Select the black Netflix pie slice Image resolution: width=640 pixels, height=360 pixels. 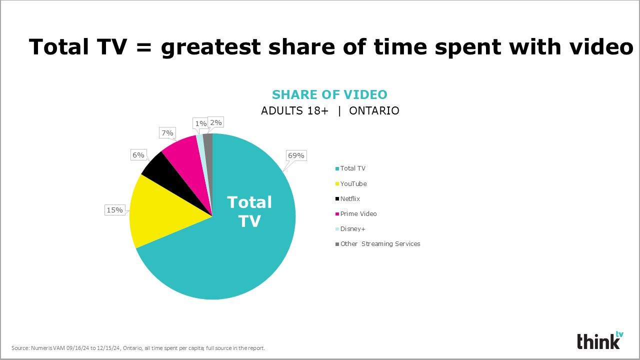tap(168, 177)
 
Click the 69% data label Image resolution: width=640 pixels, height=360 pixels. tap(296, 155)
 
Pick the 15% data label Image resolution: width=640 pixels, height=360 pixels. tap(115, 210)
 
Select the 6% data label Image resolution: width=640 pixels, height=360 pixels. tap(138, 155)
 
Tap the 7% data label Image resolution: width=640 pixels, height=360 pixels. tap(167, 133)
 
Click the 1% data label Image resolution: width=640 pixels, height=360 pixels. tap(200, 123)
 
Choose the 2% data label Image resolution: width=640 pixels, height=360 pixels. tap(215, 122)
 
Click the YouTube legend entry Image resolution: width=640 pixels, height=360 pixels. tap(351, 183)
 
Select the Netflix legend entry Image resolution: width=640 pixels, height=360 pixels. tap(347, 198)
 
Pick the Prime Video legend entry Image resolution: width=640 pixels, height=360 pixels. tap(356, 213)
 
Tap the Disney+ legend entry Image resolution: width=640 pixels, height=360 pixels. tap(350, 229)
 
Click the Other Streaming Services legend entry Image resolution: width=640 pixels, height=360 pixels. tap(377, 243)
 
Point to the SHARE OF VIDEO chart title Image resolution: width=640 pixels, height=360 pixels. tap(329, 94)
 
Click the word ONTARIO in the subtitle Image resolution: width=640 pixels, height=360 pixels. tap(374, 110)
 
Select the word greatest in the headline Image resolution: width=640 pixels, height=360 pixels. tap(211, 47)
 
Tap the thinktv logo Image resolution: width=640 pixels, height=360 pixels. tap(600, 340)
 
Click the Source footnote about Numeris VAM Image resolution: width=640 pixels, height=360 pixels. tap(138, 348)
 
